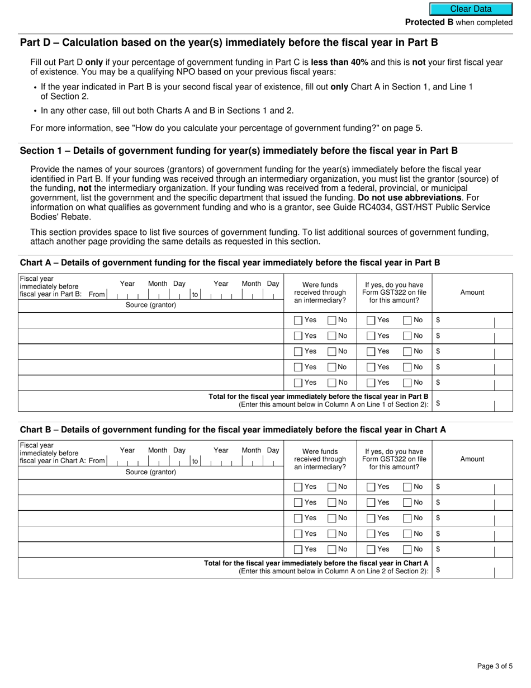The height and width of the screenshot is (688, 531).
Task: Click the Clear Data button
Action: point(471,9)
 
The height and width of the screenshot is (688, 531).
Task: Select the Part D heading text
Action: point(229,43)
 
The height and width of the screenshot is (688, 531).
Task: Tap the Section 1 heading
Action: point(239,150)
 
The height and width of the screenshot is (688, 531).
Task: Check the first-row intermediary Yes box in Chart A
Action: point(298,321)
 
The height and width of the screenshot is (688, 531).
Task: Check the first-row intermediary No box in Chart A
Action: point(332,321)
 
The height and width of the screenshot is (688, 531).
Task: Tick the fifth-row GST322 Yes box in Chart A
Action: point(371,383)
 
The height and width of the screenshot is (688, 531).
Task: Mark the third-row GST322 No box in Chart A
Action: point(407,352)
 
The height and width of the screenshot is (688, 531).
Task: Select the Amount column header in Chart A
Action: point(472,292)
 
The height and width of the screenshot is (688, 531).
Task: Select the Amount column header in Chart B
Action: point(472,459)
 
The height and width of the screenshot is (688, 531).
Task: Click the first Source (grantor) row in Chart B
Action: point(151,487)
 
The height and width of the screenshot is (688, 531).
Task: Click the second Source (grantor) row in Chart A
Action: point(151,336)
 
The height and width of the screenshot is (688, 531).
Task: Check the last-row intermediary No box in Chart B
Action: point(332,550)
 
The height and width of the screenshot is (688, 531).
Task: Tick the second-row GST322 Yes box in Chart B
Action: point(371,503)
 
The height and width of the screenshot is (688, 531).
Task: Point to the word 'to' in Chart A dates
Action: point(195,294)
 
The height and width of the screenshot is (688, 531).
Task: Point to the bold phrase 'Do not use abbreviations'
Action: point(410,197)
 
